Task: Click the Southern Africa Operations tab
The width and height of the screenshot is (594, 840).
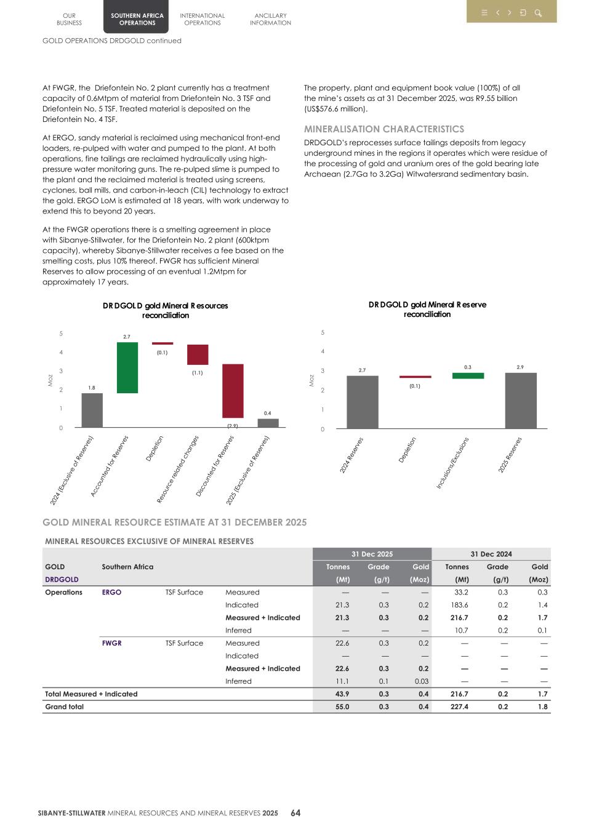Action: (137, 19)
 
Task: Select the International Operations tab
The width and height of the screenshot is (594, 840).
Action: (202, 19)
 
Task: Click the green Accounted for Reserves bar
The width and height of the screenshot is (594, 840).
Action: (127, 367)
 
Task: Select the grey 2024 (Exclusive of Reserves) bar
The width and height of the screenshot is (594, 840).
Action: (92, 410)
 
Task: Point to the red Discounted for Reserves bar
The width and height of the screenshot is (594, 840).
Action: (233, 391)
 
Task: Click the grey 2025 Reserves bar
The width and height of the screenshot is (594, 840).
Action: (520, 400)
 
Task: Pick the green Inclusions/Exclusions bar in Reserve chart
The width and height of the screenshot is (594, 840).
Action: (468, 375)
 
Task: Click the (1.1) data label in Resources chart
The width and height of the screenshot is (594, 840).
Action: (197, 372)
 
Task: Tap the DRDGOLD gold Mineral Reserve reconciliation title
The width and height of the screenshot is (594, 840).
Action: (427, 309)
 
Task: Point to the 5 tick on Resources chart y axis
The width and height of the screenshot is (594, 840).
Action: (61, 334)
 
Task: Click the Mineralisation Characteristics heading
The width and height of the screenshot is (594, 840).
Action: (383, 129)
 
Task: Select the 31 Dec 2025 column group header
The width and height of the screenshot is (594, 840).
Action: (372, 554)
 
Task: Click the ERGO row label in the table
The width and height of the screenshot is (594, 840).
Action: (111, 592)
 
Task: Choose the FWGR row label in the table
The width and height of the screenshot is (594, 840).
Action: (111, 643)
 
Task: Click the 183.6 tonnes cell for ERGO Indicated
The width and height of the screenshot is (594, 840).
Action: (459, 605)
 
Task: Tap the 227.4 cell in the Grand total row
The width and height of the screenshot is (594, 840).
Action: (459, 706)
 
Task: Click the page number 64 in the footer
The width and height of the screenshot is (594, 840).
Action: (295, 813)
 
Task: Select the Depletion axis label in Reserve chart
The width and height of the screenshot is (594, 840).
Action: (407, 450)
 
